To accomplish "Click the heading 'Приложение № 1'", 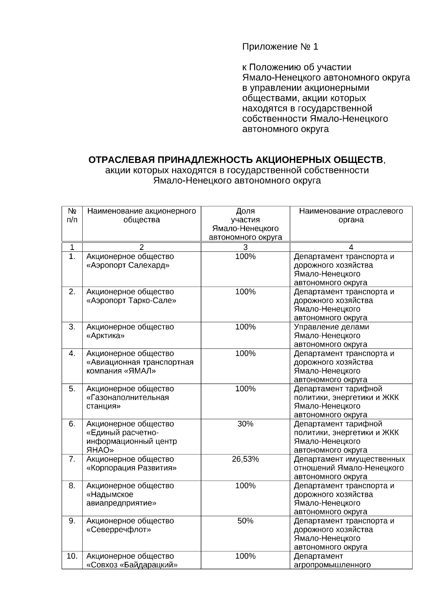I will tap(280, 47).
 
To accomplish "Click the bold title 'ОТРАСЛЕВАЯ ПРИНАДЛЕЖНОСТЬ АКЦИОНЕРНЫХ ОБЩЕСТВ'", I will tap(236, 160).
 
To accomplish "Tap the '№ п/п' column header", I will tap(72, 215).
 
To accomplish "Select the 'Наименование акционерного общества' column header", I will tap(141, 215).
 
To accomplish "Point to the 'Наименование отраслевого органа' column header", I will tap(351, 215).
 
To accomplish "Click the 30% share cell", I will tap(245, 424).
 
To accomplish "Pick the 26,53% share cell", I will tap(245, 459).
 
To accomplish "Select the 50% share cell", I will tap(245, 521).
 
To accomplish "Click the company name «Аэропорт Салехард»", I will tap(128, 266).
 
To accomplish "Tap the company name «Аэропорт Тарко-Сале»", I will tap(131, 301).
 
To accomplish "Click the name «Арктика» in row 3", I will tap(105, 336).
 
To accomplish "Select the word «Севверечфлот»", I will tap(118, 530).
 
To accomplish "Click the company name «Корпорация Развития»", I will tap(131, 468).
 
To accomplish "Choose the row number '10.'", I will tap(72, 556).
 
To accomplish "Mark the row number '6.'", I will tap(72, 424).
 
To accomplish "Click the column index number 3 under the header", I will tap(245, 247).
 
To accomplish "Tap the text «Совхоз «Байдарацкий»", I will tap(132, 565).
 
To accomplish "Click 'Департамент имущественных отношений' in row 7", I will tap(349, 463).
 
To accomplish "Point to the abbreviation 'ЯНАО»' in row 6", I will tap(100, 450).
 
